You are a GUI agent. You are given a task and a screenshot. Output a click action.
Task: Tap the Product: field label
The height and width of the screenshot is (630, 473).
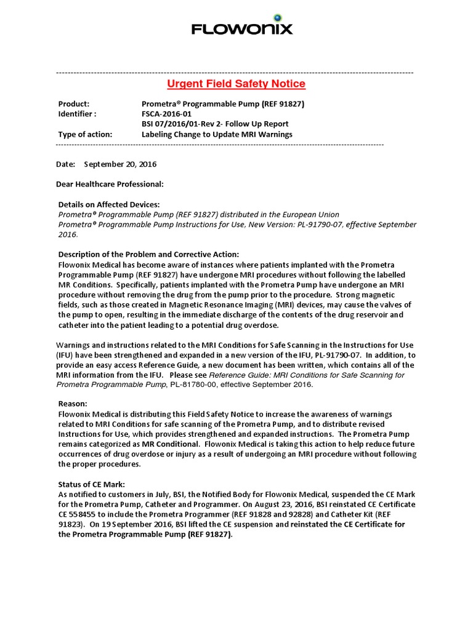73,104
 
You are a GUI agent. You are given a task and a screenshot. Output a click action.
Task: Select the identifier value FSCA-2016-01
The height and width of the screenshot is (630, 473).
166,114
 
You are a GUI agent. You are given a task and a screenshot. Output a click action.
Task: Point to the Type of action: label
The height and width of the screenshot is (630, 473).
85,134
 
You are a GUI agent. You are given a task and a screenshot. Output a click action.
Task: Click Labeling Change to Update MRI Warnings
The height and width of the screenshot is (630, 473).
217,134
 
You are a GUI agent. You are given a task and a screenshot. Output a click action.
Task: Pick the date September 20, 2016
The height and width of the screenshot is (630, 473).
120,164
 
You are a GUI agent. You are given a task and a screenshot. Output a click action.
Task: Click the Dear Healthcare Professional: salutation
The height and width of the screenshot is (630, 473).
110,184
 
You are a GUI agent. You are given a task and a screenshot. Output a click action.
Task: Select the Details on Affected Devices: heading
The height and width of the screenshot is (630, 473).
109,204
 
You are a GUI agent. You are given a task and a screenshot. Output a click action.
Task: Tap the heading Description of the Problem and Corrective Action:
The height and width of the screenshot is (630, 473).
148,254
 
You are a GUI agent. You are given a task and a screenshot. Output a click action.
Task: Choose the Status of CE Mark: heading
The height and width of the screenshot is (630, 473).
91,484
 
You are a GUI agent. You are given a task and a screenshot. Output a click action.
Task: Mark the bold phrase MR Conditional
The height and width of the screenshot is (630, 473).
169,444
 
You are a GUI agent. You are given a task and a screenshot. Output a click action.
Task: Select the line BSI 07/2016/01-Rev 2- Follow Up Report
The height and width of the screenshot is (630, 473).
215,124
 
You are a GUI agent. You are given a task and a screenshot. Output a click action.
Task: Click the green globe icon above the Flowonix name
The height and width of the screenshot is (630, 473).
277,17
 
